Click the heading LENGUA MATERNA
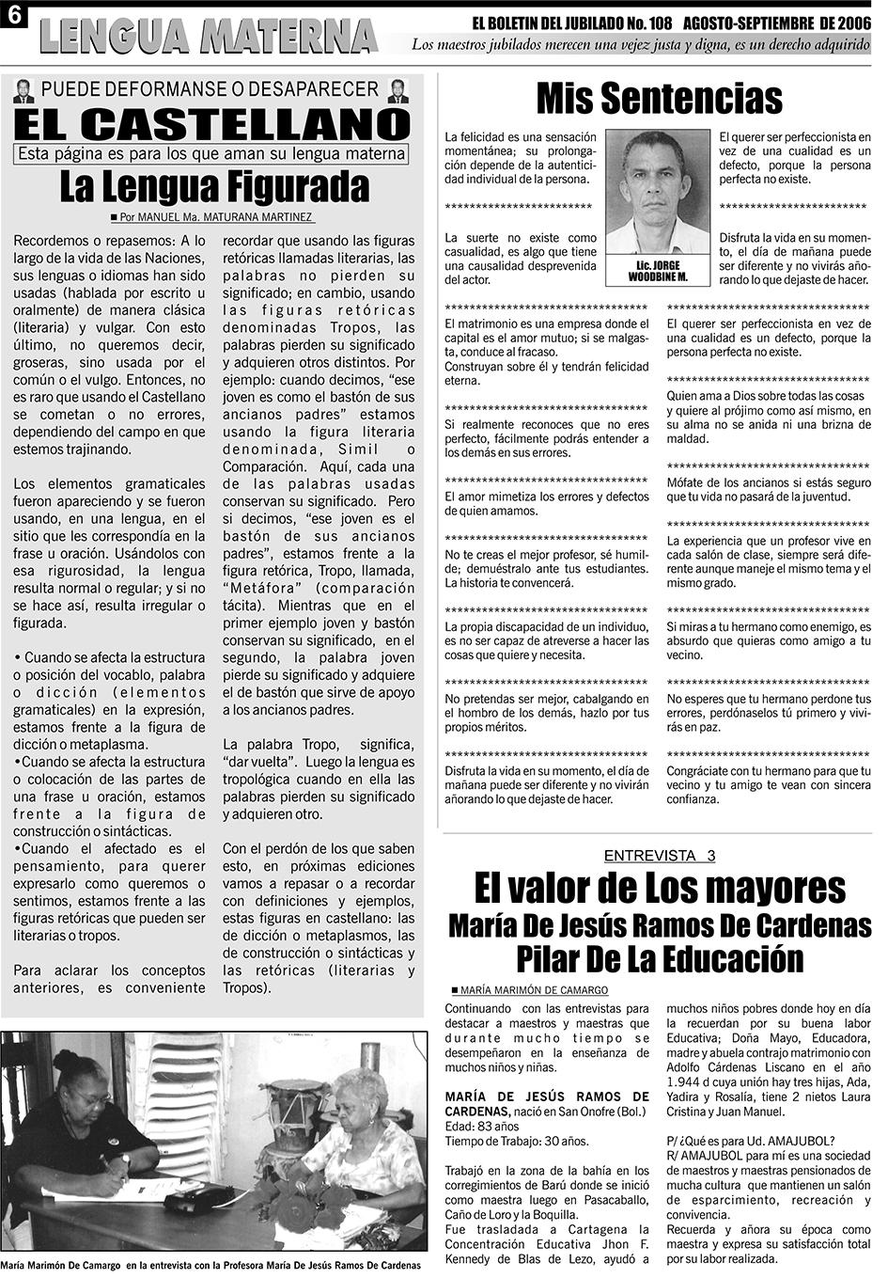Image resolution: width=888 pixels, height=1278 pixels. point(209,37)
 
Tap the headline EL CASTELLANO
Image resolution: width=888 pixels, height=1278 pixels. point(212,123)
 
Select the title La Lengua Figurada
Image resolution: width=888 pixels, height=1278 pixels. point(214,187)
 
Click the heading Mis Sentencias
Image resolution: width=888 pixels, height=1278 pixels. point(659,98)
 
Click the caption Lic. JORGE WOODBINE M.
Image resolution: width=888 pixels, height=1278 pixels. point(658,272)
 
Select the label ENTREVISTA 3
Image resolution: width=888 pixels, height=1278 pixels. point(659,856)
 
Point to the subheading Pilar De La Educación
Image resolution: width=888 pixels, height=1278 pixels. point(660,959)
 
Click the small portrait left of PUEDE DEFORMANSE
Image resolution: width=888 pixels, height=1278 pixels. point(24,91)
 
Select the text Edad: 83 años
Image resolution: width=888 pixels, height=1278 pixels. point(482,1126)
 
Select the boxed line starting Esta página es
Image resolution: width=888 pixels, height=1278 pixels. point(212,154)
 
